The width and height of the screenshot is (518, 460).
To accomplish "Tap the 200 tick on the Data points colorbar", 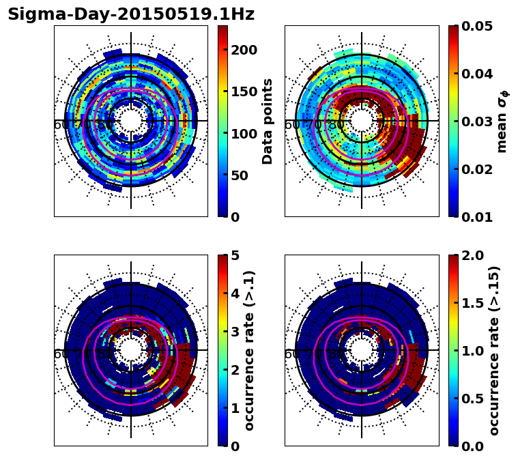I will (x=243, y=50).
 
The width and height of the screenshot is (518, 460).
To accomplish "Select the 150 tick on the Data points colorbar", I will (x=243, y=91).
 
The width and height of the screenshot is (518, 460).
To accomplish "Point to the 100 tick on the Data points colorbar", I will (x=243, y=134).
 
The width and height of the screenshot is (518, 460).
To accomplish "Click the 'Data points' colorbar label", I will (x=268, y=121).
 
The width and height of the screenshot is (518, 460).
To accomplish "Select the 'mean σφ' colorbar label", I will (x=502, y=121).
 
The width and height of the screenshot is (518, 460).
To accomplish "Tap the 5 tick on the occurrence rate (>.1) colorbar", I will (x=235, y=255).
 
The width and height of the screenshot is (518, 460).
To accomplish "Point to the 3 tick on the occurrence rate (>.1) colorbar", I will (x=235, y=332).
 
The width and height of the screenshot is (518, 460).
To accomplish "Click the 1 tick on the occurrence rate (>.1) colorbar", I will (x=235, y=408).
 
